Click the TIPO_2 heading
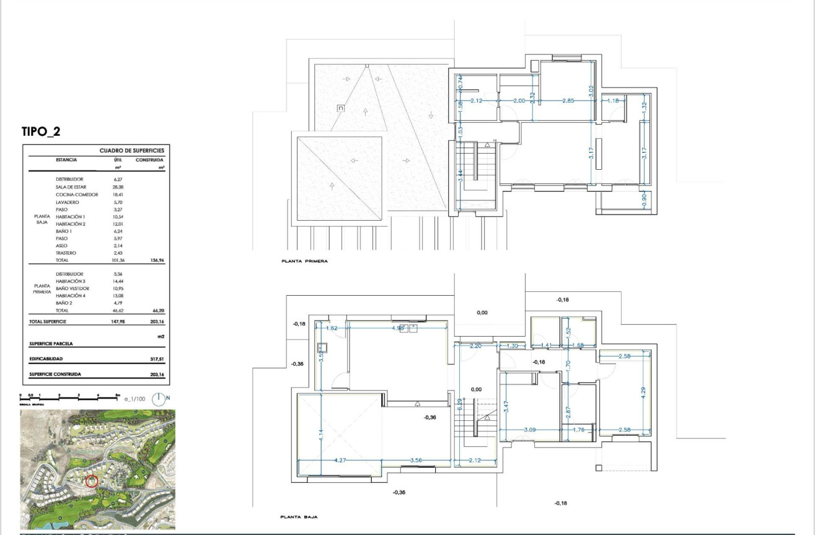(x=42, y=131)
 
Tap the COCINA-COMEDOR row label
(x=77, y=194)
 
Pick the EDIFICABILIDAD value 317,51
(x=155, y=358)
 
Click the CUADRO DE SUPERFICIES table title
(x=131, y=151)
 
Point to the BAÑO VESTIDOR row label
(x=73, y=289)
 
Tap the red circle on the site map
(x=92, y=480)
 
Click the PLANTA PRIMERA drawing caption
(x=304, y=262)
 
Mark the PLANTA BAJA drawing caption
(x=299, y=516)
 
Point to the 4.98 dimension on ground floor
(x=397, y=328)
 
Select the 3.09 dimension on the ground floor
(x=531, y=429)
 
